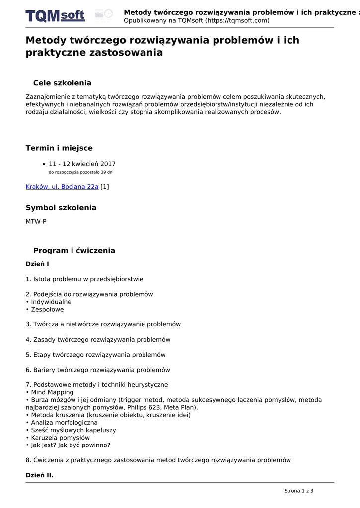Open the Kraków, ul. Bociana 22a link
click(62, 187)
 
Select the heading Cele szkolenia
click(62, 83)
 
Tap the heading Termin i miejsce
click(59, 148)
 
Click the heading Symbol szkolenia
click(61, 208)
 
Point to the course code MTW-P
click(36, 222)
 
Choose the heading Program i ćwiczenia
click(74, 251)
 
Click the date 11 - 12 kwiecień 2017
click(82, 164)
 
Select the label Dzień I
click(37, 264)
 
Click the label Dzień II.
click(39, 475)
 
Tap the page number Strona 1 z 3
click(298, 491)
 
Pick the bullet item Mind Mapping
click(52, 392)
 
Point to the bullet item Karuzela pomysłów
click(60, 438)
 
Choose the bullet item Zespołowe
click(47, 309)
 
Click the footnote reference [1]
click(105, 187)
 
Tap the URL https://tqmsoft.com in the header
click(237, 21)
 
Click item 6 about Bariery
click(98, 370)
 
